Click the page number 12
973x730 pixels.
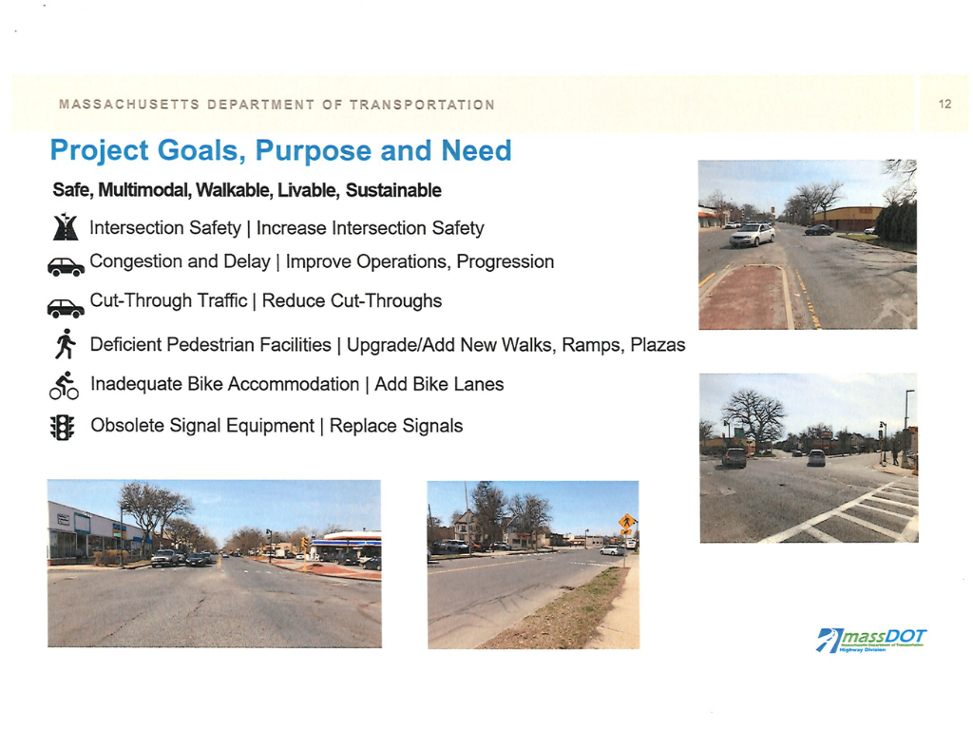[944, 104]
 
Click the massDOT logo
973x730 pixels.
[871, 639]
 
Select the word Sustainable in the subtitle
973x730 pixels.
[393, 190]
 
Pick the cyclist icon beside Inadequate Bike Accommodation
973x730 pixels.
[65, 385]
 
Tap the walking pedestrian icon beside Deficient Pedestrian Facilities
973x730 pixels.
[65, 344]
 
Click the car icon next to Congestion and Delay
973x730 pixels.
[66, 266]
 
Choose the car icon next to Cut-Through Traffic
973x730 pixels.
[66, 307]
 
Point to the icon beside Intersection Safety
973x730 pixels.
[66, 228]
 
